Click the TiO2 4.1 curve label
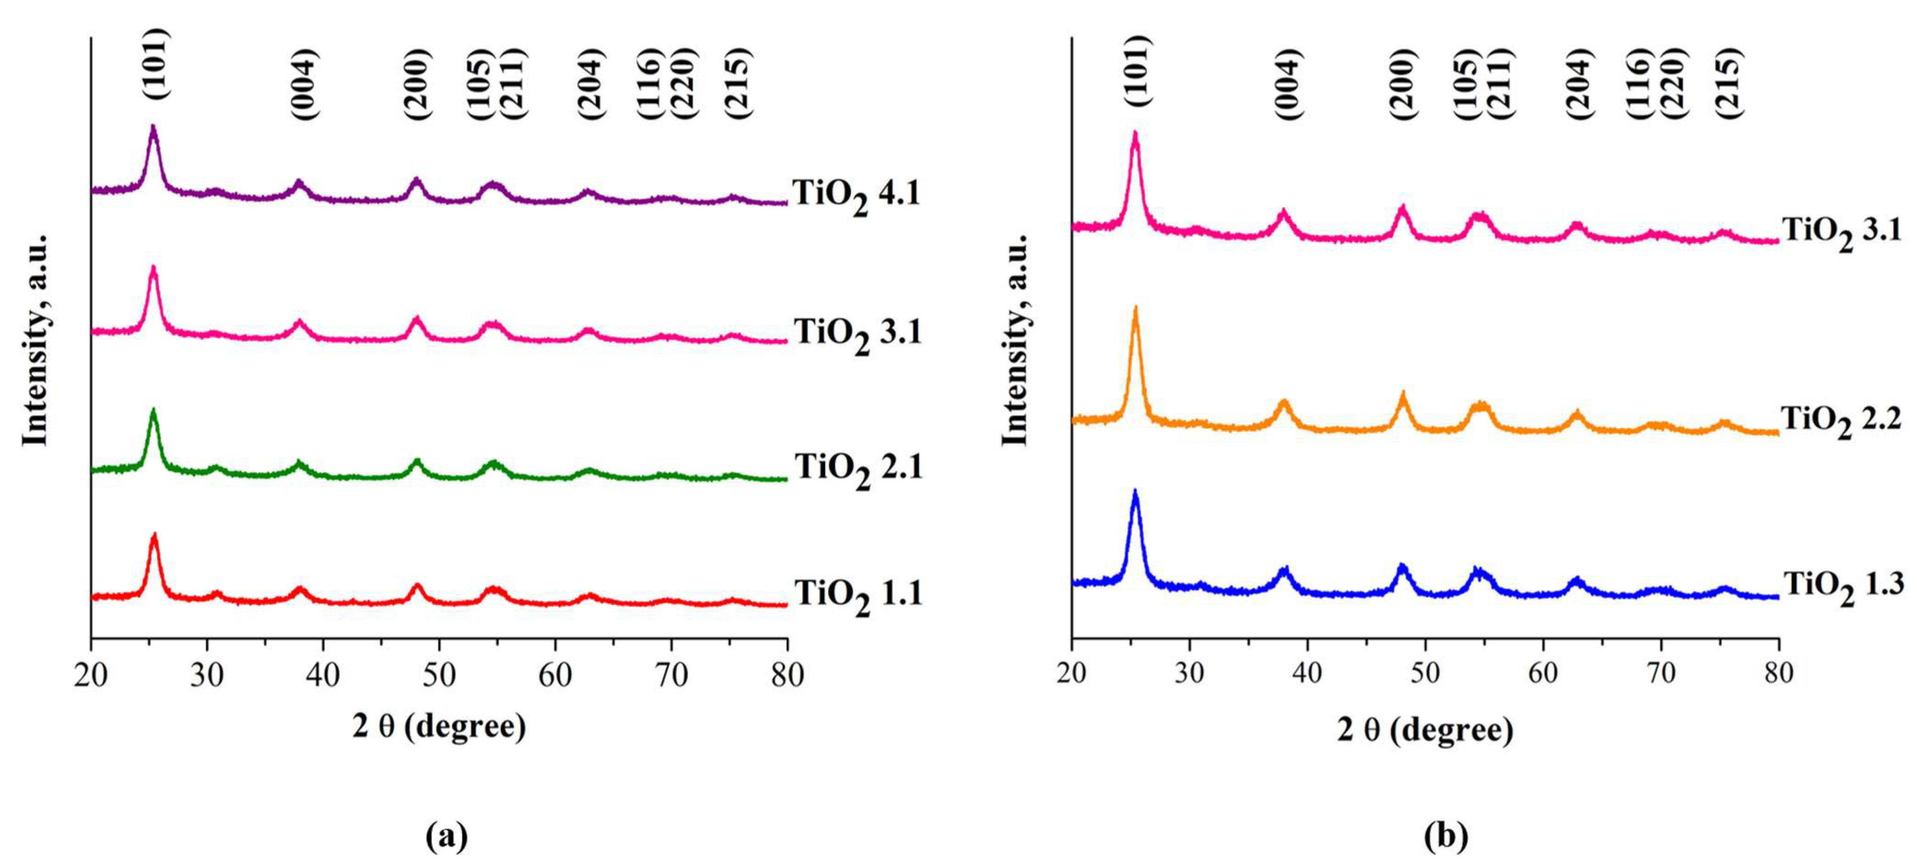pyautogui.click(x=856, y=195)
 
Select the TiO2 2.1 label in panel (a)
pyautogui.click(x=858, y=469)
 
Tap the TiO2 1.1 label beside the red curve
pyautogui.click(x=858, y=595)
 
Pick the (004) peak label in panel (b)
pyautogui.click(x=1287, y=83)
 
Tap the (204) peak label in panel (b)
pyautogui.click(x=1578, y=83)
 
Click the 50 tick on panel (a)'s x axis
pyautogui.click(x=439, y=675)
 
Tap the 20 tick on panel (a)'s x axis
pyautogui.click(x=91, y=675)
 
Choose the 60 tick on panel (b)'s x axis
pyautogui.click(x=1543, y=673)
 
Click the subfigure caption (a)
pyautogui.click(x=446, y=836)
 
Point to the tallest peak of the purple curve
pyautogui.click(x=153, y=128)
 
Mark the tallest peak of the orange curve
pyautogui.click(x=1135, y=309)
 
